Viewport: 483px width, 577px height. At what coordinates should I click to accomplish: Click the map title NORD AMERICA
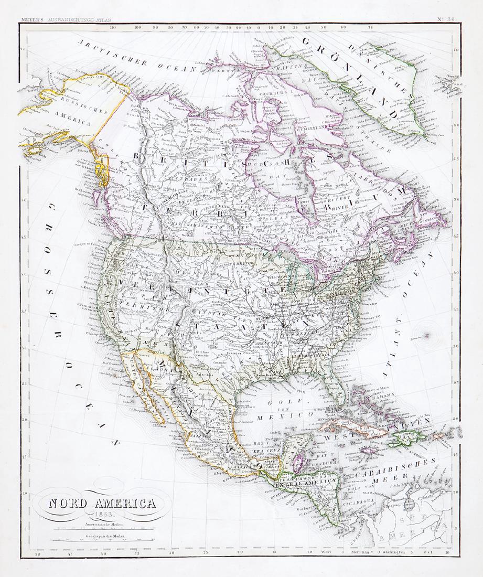[102, 504]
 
